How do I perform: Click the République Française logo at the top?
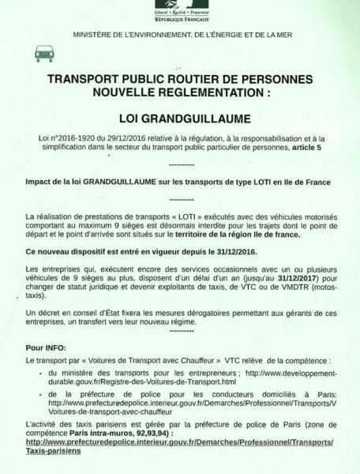tap(180, 10)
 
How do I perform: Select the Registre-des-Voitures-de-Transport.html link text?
tap(139, 381)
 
